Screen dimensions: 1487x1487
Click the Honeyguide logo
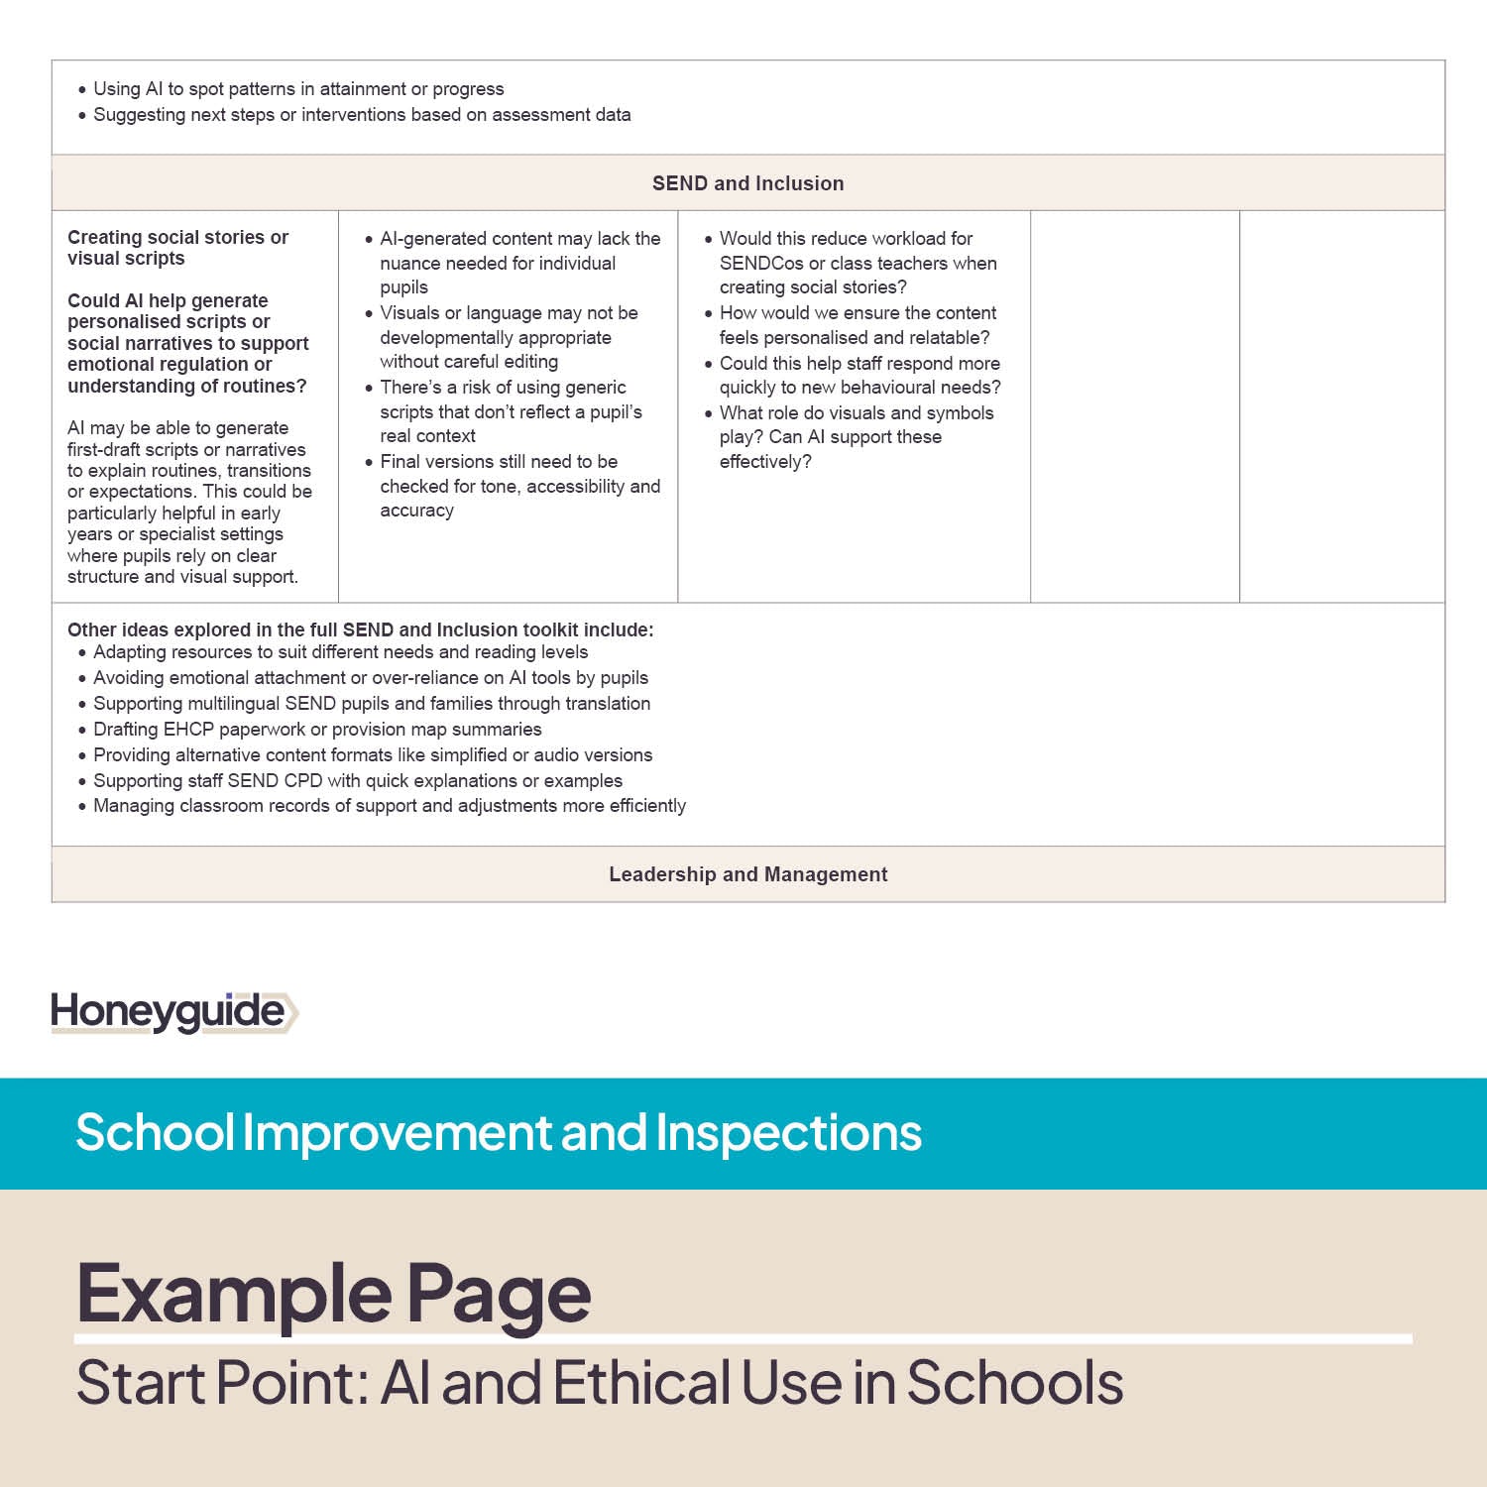(x=173, y=1012)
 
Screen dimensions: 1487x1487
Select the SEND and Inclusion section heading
(x=747, y=183)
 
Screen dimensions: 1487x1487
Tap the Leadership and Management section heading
(x=747, y=874)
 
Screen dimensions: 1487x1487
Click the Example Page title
(x=333, y=1293)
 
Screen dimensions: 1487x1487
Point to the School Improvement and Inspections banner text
(x=499, y=1132)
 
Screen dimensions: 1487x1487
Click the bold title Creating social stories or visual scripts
(x=177, y=248)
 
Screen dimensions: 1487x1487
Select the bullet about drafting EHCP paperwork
(x=317, y=730)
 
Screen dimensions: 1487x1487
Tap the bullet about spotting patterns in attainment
(x=298, y=89)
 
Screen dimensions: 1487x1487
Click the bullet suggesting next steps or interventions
(x=362, y=115)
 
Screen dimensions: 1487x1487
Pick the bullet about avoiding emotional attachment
(x=371, y=678)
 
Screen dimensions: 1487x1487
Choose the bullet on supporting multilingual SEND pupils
(x=372, y=704)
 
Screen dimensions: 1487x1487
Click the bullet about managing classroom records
(x=390, y=806)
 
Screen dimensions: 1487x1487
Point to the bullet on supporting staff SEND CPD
(x=358, y=781)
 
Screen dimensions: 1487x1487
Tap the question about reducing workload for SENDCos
(x=858, y=263)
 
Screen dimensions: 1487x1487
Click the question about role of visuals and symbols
(x=856, y=437)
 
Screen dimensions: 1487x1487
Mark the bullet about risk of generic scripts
(x=511, y=411)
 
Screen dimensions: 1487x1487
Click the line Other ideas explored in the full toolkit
(x=360, y=629)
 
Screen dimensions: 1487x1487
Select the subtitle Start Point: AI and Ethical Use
(x=600, y=1383)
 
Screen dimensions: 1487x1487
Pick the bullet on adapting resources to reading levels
(x=340, y=652)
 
